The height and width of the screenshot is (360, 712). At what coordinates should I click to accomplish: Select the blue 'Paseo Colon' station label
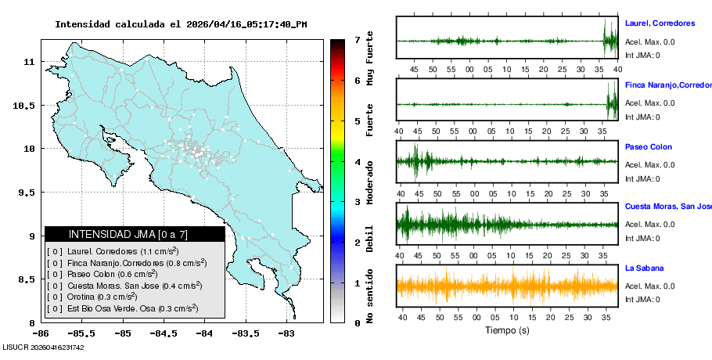coord(649,147)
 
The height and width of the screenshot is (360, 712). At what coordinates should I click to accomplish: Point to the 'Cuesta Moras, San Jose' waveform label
coord(667,207)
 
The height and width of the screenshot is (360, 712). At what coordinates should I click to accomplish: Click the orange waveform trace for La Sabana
coord(507,286)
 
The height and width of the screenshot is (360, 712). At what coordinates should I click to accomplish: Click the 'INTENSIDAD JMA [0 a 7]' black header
coord(135,234)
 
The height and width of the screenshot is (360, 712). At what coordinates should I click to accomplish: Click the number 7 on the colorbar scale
coord(357,39)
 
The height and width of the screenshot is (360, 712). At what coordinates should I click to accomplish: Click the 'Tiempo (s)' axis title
coord(507,330)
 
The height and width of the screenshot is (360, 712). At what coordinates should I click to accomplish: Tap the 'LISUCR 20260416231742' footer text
coord(44,347)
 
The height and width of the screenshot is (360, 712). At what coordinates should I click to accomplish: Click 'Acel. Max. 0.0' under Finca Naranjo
coord(650,103)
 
